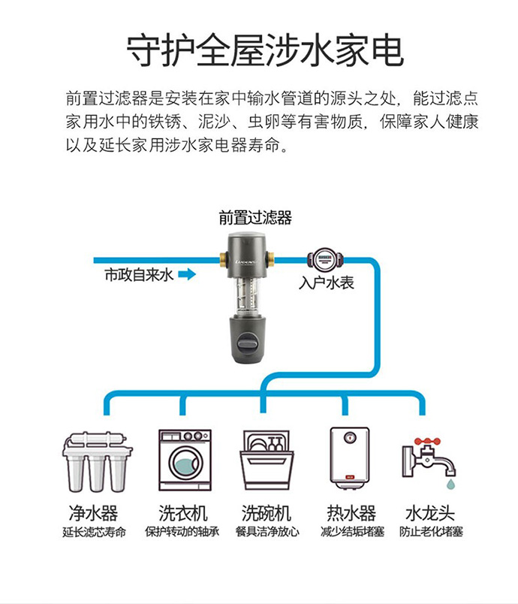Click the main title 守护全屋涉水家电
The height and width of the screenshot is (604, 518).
[259, 50]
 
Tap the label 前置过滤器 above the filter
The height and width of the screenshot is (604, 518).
[255, 218]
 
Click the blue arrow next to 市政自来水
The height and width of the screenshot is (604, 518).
[187, 276]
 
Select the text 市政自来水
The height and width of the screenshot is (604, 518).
[138, 276]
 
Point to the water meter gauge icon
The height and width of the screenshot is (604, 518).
[325, 259]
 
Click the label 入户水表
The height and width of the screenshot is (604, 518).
[326, 283]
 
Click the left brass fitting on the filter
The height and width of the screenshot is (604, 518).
[224, 260]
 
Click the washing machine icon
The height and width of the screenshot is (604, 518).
[184, 460]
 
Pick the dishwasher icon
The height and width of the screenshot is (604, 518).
[264, 460]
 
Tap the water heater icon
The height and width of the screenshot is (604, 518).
[350, 459]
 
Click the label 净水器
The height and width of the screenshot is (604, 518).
[94, 513]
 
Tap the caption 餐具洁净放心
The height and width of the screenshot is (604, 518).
[267, 532]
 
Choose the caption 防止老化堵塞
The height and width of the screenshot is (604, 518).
[431, 532]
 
